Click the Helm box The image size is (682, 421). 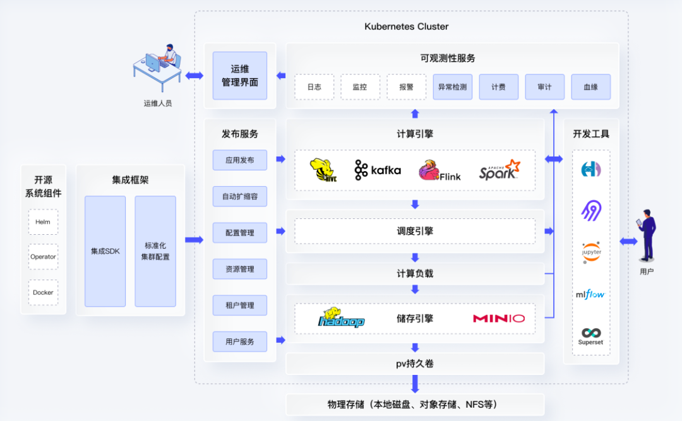(43, 222)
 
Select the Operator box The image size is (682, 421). (43, 257)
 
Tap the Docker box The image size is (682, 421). (43, 292)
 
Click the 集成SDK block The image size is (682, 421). (105, 251)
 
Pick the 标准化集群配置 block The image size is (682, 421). (155, 251)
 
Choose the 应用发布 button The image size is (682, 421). (240, 160)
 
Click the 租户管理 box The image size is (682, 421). (240, 305)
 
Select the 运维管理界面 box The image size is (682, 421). (240, 76)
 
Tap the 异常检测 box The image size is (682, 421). (452, 87)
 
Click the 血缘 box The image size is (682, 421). (590, 87)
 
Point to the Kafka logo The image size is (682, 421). (378, 170)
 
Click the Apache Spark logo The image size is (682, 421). (500, 170)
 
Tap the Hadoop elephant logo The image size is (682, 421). (342, 318)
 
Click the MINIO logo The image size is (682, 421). (499, 318)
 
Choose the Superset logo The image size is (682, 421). (591, 336)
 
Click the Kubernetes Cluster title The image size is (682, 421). (407, 27)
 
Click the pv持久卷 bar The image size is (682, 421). (415, 364)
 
